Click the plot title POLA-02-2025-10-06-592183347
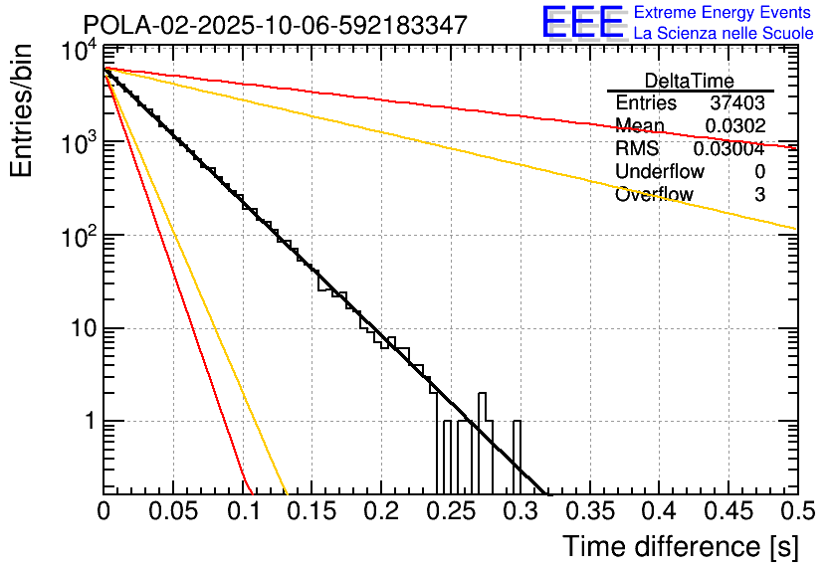point(275,25)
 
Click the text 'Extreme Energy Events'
point(724,13)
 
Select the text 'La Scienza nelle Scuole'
point(724,34)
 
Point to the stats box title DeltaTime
point(690,81)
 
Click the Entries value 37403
point(737,102)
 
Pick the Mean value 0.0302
point(734,125)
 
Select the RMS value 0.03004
point(728,148)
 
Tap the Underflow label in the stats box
point(659,171)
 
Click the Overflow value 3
point(759,194)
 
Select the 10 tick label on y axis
point(82,328)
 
